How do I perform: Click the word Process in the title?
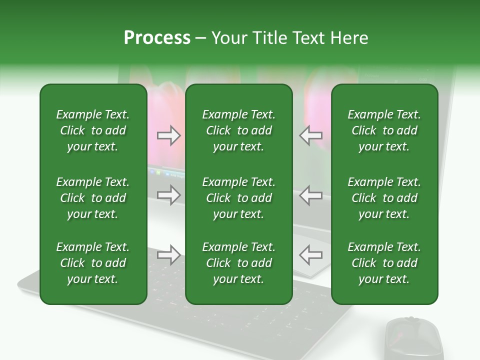coord(157,38)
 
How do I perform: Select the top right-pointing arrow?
coord(169,135)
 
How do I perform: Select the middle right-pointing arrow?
coord(169,195)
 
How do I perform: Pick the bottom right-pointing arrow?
coord(169,255)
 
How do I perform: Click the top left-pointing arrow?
coord(310,135)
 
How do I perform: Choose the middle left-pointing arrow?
coord(310,195)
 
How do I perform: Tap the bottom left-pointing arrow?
coord(310,255)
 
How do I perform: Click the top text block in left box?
coord(93,130)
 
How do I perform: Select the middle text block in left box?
coord(93,198)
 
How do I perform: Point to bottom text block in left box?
coord(93,263)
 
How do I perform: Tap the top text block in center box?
coord(238,130)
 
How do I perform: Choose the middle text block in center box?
coord(238,198)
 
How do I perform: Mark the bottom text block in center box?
coord(238,263)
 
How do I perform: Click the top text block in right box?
coord(384,130)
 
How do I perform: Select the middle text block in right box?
coord(384,198)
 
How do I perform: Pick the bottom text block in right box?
coord(384,263)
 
